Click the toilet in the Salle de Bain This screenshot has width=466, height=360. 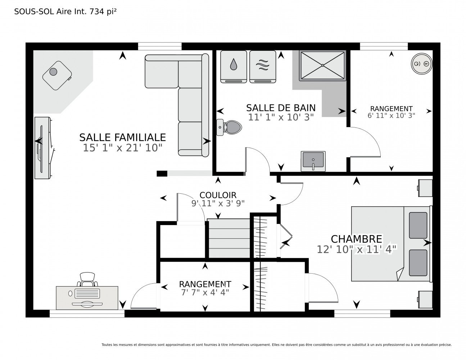pos(229,127)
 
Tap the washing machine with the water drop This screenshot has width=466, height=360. pos(234,67)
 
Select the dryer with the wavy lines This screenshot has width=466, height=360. pos(263,67)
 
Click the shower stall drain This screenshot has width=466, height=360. pos(322,65)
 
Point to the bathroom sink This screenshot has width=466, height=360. pos(313,161)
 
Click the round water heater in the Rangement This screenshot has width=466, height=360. pos(421,64)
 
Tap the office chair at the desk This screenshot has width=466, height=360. pos(87,279)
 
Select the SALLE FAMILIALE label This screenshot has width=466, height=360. pos(123,138)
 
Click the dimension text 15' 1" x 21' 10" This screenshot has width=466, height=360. pos(123,148)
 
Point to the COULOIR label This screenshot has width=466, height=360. pos(218,195)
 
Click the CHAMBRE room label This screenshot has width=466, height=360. pos(356,239)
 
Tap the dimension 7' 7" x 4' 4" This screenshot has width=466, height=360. pos(205,292)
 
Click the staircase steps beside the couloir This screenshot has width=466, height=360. pos(229,238)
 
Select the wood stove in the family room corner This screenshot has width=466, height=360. pos(57,76)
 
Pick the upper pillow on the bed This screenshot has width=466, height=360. pos(418,225)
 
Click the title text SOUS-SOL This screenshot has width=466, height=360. pos(34,12)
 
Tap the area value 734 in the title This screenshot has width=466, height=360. pos(97,12)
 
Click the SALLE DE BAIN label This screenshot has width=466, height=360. pos(281,108)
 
